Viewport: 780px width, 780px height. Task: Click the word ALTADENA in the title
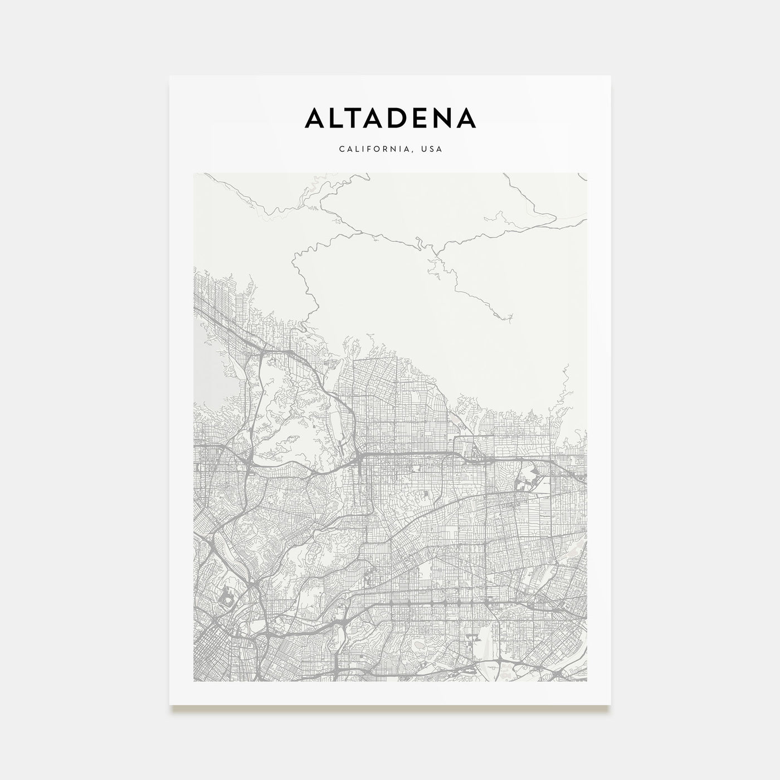point(390,118)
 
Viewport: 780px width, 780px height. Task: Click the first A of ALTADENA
point(316,118)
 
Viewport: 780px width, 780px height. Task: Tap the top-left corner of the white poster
point(169,76)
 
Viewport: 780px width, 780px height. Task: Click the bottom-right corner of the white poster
point(611,705)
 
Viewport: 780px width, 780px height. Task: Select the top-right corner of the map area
point(587,173)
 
